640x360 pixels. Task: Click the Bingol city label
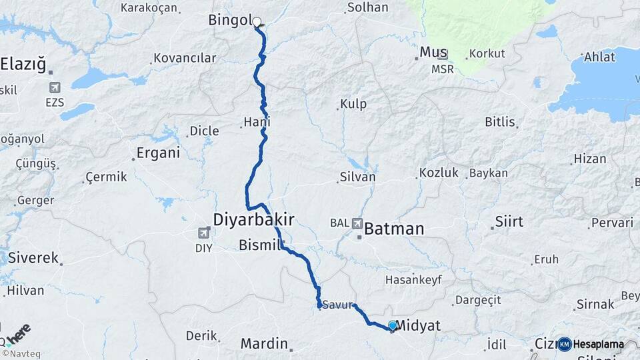228,20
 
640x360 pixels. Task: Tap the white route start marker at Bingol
257,21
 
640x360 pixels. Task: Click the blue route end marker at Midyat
393,325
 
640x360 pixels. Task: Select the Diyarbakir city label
253,219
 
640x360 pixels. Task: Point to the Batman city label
393,229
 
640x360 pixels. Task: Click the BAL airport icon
358,223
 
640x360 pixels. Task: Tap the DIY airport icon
203,233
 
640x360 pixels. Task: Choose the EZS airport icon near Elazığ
54,87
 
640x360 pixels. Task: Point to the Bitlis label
499,122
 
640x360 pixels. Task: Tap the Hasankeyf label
413,280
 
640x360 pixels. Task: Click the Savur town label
337,305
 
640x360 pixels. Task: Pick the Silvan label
357,177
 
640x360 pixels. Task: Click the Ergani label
158,153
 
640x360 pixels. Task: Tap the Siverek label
33,258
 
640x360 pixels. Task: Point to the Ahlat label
599,57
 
